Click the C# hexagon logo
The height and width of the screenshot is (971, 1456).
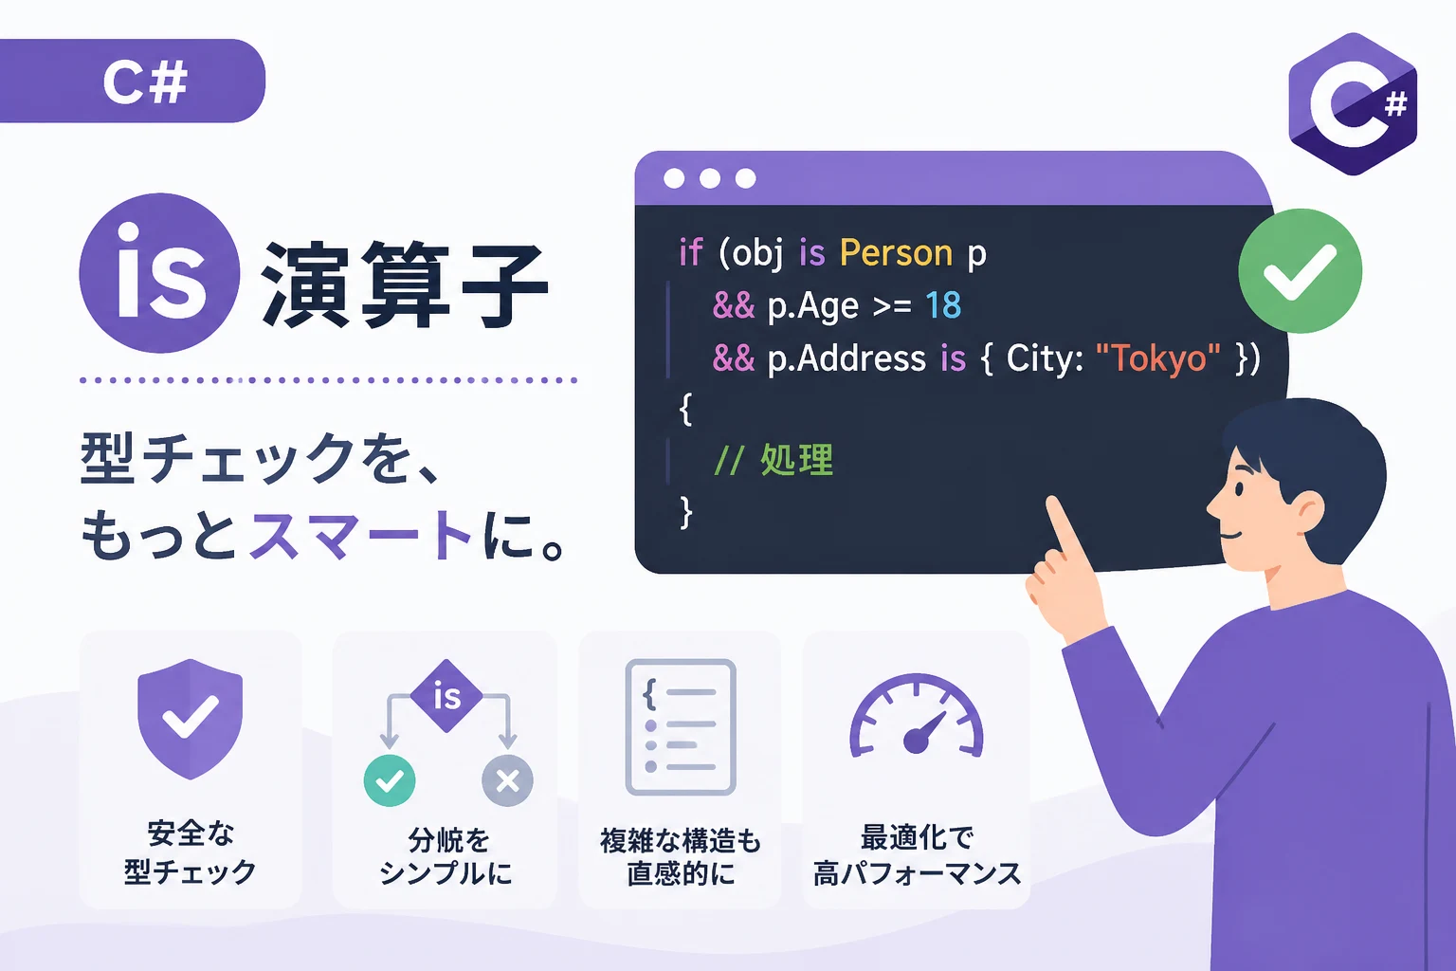1353,104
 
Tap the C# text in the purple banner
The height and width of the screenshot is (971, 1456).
146,82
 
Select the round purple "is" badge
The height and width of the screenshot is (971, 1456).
159,273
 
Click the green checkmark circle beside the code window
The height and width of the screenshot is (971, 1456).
1300,270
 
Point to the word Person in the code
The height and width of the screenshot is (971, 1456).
896,252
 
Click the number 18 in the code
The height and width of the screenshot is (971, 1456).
943,305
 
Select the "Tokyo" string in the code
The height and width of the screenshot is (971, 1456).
1157,358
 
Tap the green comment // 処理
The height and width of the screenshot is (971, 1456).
773,460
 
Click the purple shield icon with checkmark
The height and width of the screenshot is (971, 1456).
191,719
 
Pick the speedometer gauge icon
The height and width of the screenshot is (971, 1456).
917,716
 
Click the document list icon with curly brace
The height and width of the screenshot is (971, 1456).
681,726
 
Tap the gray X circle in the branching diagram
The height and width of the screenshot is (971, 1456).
508,780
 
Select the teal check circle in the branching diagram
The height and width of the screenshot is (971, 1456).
390,780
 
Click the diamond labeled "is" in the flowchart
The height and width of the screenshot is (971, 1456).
446,696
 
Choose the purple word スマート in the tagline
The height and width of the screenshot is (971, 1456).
361,535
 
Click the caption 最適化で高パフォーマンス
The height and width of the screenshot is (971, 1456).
918,855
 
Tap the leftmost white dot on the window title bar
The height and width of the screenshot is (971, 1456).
674,178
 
